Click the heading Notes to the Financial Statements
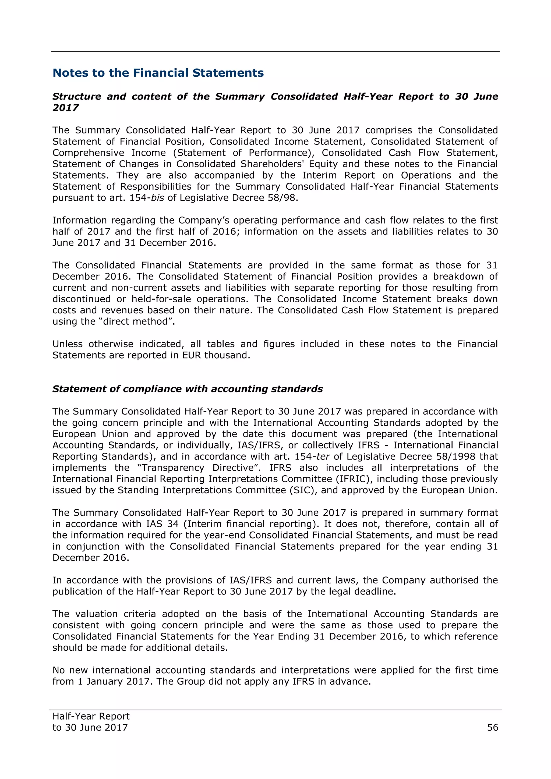[x=158, y=73]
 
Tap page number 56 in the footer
[x=492, y=727]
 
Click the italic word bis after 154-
[x=157, y=198]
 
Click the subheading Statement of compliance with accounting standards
[x=187, y=389]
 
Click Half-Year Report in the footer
[x=91, y=716]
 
